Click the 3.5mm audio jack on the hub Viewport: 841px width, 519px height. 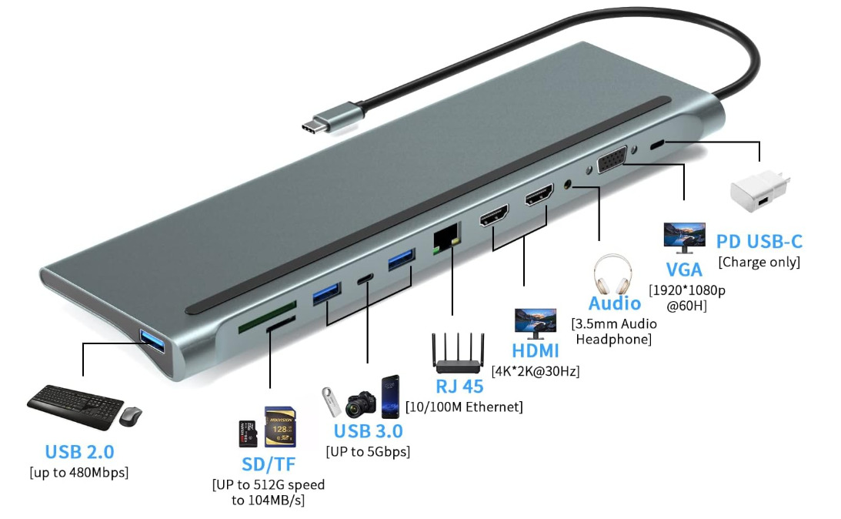click(x=569, y=185)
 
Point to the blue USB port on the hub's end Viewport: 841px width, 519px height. click(x=151, y=341)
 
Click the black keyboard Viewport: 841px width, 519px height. click(x=75, y=405)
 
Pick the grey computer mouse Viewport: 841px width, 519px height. click(x=131, y=416)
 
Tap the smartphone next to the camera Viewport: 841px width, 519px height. click(x=391, y=397)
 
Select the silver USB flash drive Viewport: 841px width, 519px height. click(x=331, y=401)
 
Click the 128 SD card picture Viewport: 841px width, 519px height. click(x=279, y=427)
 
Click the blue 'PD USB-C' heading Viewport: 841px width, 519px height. click(x=759, y=242)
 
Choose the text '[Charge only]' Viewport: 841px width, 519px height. click(x=759, y=262)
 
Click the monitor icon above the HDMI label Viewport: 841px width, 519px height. click(x=536, y=323)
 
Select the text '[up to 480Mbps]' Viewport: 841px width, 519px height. click(x=79, y=471)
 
